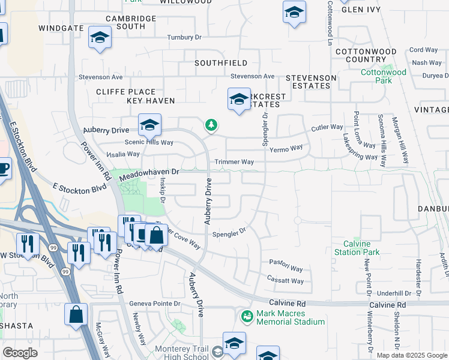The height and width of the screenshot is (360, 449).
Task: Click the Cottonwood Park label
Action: pyautogui.click(x=384, y=76)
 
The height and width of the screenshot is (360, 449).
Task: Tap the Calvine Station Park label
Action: pyautogui.click(x=361, y=248)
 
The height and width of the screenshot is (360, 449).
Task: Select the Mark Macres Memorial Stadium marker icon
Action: pyautogui.click(x=246, y=314)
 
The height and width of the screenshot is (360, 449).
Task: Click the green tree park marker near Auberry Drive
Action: pyautogui.click(x=211, y=124)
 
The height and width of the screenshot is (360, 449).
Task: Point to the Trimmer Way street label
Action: pyautogui.click(x=235, y=162)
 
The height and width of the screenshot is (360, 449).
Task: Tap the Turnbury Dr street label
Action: pyautogui.click(x=184, y=37)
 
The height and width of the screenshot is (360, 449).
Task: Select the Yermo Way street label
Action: pyautogui.click(x=286, y=148)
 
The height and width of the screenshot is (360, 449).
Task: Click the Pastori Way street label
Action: pyautogui.click(x=286, y=262)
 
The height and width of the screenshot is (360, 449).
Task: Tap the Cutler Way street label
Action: pyautogui.click(x=327, y=128)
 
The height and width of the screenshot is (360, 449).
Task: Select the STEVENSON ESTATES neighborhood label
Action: pyautogui.click(x=310, y=82)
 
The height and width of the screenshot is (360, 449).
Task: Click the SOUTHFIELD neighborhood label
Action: pyautogui.click(x=221, y=62)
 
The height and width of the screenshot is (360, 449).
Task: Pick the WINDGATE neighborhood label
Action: pyautogui.click(x=61, y=28)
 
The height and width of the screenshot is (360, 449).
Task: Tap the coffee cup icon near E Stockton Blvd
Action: pyautogui.click(x=4, y=167)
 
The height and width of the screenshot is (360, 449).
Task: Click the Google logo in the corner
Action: pyautogui.click(x=20, y=352)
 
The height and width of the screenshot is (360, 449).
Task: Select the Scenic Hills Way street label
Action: pyautogui.click(x=148, y=142)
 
